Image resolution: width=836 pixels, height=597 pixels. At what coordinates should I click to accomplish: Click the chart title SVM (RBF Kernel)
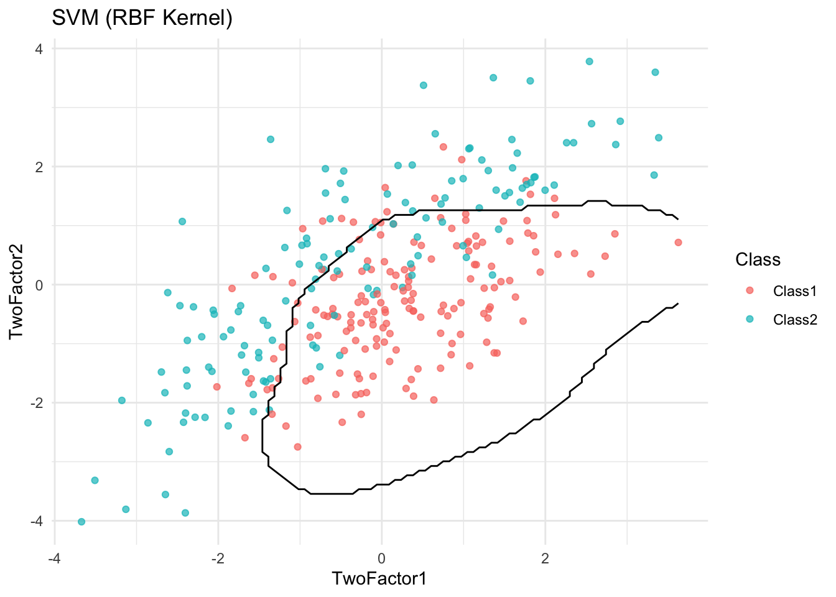coord(142,18)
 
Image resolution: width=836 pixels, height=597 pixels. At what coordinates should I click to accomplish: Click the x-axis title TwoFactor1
coord(379,578)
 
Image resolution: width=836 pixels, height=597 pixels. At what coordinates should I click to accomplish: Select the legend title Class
coord(758,259)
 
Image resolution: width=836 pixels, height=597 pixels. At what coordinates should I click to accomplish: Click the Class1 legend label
coord(794,291)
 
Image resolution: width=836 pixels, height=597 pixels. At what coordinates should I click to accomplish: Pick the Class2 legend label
coord(794,320)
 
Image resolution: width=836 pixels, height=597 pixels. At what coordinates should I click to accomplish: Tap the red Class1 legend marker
coord(750,291)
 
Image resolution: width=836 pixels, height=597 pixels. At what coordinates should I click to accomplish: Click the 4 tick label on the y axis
coord(39,49)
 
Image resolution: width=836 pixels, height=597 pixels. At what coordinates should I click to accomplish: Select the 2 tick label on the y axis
coord(39,167)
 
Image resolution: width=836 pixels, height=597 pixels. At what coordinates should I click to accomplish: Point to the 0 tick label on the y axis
coord(39,285)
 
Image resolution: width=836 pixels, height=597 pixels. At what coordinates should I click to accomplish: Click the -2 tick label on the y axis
coord(36,403)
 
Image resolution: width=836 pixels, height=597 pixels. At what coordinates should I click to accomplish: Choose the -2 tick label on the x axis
coord(216,558)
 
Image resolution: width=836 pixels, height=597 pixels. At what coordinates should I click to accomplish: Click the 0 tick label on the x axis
coord(382,558)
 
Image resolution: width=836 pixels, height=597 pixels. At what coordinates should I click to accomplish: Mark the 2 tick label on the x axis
coord(546,558)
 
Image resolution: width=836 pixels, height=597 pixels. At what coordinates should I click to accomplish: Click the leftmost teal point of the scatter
coord(81,522)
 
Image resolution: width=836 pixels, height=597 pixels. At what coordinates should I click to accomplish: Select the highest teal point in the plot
coord(589,62)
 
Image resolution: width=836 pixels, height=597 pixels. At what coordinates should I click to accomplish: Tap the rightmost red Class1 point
coord(678,243)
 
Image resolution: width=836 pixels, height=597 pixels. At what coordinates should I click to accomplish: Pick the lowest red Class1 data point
coord(297,447)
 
